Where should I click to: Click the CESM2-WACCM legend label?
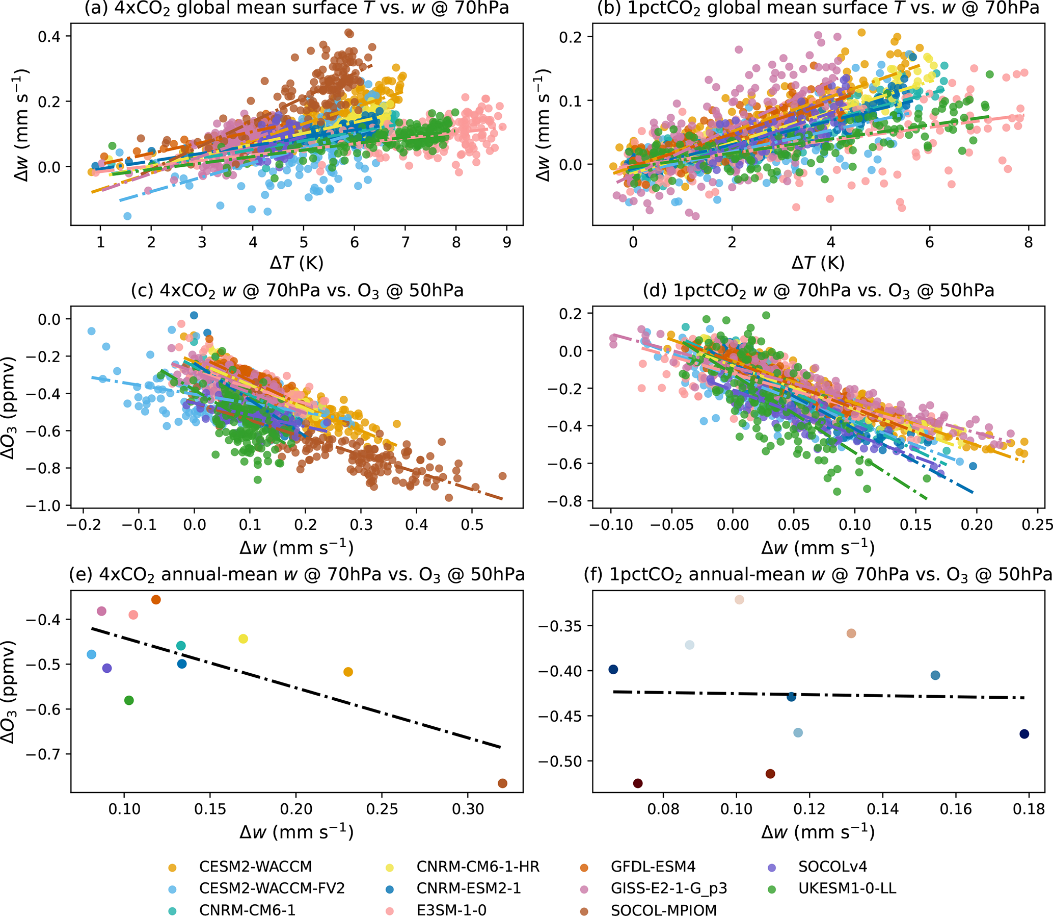pos(255,867)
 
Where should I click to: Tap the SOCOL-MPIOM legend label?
pos(663,909)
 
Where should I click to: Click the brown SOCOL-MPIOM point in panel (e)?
pos(502,783)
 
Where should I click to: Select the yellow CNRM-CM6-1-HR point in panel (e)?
pos(243,639)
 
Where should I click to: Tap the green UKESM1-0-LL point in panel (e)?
pos(129,700)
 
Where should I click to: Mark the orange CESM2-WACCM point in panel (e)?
pos(348,672)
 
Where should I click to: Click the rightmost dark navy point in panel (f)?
pos(1024,734)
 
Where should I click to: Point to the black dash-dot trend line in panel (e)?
pos(296,688)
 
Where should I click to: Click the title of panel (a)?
pos(296,8)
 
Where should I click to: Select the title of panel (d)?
pos(819,290)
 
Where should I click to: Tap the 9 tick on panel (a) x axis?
pos(506,242)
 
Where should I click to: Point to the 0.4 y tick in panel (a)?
pos(49,36)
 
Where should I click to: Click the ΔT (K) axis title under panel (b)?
pos(818,263)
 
